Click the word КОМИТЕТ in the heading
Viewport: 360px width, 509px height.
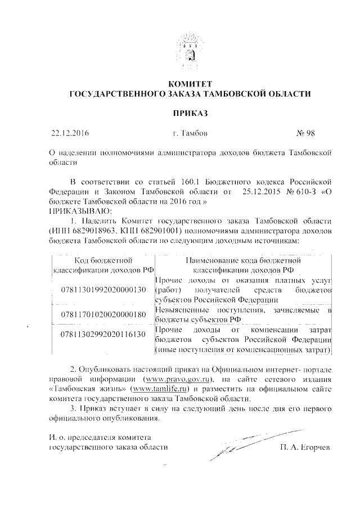(x=188, y=84)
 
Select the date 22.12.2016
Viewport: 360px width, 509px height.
(x=70, y=134)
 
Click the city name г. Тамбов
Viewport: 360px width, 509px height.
(x=191, y=134)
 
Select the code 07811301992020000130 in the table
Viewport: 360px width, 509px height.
(x=102, y=290)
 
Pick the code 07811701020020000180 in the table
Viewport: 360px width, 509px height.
(x=102, y=314)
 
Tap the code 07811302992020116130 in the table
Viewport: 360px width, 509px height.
(x=102, y=335)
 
